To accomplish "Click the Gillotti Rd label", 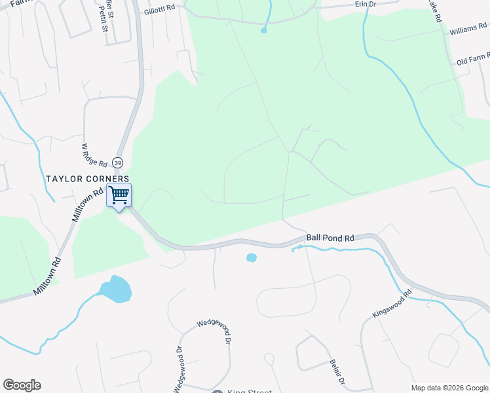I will (x=160, y=8).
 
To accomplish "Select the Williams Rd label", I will (x=468, y=31).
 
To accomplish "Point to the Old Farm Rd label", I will (x=472, y=61).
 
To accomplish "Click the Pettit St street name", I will (x=104, y=20).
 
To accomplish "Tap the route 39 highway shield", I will (x=117, y=162).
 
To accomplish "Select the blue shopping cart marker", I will (x=119, y=195).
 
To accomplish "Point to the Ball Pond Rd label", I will (x=330, y=238).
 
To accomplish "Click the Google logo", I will (x=22, y=385).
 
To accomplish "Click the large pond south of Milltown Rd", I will (x=115, y=289).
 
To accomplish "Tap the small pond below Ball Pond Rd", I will (x=252, y=257).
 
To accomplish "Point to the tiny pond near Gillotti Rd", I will (x=264, y=30).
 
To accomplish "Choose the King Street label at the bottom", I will (x=250, y=391).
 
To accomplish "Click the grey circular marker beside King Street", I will (x=217, y=391).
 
